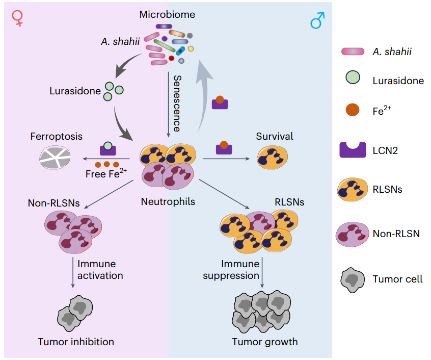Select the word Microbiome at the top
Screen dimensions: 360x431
point(167,14)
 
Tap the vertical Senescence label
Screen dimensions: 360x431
point(177,102)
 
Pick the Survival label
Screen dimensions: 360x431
point(275,136)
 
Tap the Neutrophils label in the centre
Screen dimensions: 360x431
point(168,201)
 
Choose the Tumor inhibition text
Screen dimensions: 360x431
point(76,341)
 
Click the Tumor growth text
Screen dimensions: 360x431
point(265,341)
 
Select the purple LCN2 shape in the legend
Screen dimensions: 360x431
point(353,149)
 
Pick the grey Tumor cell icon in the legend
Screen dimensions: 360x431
point(353,279)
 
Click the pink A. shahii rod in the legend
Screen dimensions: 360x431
point(353,51)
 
